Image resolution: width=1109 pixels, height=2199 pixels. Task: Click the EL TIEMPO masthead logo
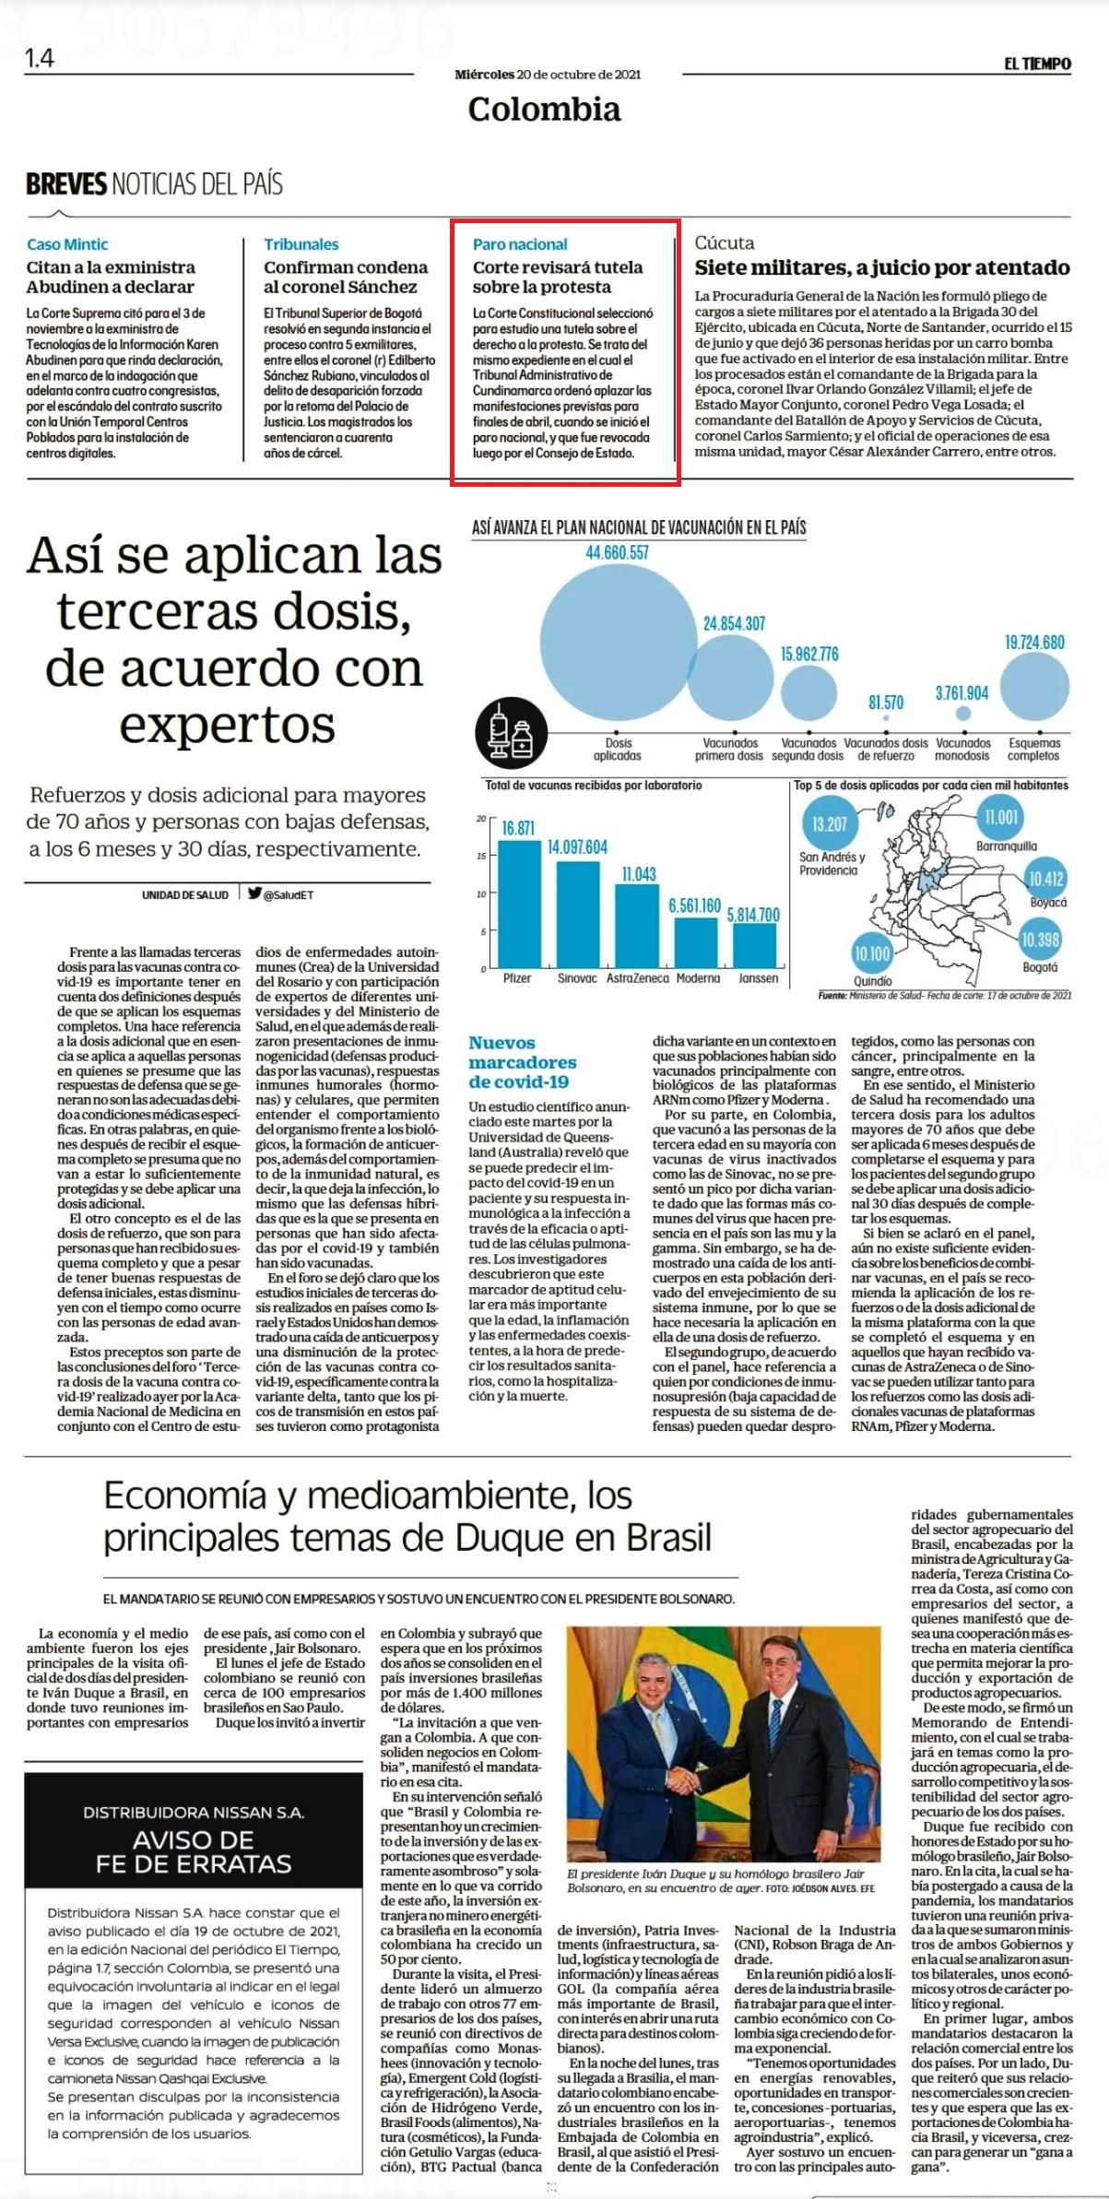pyautogui.click(x=1037, y=64)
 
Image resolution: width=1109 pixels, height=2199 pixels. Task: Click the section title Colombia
pyautogui.click(x=544, y=110)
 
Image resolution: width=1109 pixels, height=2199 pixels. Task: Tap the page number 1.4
pyautogui.click(x=40, y=59)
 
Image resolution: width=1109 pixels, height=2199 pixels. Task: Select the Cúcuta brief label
pyautogui.click(x=725, y=242)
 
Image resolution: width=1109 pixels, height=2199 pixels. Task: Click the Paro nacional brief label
pyautogui.click(x=520, y=244)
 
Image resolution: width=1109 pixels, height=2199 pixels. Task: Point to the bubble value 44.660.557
pyautogui.click(x=618, y=553)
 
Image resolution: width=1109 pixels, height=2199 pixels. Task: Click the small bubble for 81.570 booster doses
pyautogui.click(x=886, y=716)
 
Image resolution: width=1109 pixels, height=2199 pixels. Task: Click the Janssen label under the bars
pyautogui.click(x=758, y=978)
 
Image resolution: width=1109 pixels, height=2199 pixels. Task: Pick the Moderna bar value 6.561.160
pyautogui.click(x=694, y=906)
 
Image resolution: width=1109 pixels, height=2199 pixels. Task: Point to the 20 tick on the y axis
pyautogui.click(x=480, y=819)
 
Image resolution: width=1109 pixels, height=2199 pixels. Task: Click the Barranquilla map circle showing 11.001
pyautogui.click(x=1000, y=817)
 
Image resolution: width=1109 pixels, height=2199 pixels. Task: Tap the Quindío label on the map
pyautogui.click(x=872, y=981)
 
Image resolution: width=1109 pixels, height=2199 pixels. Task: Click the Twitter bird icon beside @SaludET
pyautogui.click(x=254, y=893)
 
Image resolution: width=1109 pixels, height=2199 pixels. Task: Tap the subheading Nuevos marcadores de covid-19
pyautogui.click(x=522, y=1062)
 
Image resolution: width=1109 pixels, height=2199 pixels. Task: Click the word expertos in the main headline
pyautogui.click(x=228, y=727)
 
